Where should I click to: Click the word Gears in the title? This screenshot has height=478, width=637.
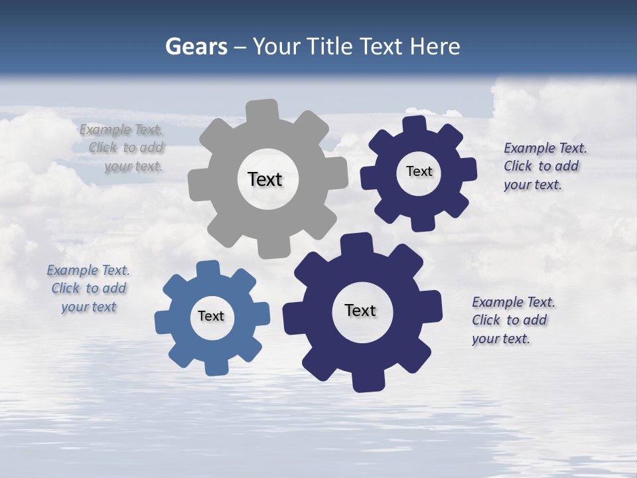coord(196,46)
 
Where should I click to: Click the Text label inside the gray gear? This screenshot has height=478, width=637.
coord(265,179)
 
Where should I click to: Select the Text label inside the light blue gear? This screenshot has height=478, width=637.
coord(211,317)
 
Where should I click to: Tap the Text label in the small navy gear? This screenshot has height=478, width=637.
coord(419,171)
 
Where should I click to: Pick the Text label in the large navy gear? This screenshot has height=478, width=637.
coord(360,311)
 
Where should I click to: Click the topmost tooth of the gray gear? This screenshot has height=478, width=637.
coord(262,110)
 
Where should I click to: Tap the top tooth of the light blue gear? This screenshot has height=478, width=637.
coord(208,269)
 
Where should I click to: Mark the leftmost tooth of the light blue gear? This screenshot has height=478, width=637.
coord(163,322)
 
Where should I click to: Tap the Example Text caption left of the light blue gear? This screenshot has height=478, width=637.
coord(88,289)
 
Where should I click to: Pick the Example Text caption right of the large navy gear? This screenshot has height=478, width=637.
coord(513,320)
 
